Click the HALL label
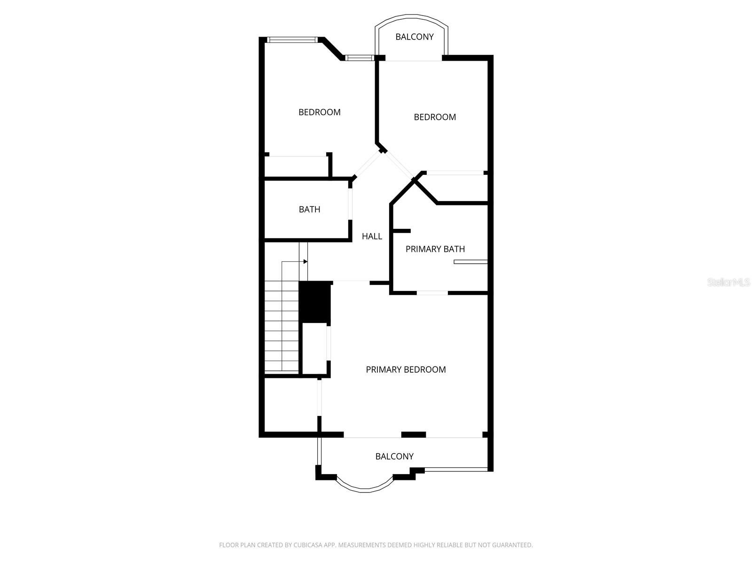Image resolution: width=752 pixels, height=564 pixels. [372, 236]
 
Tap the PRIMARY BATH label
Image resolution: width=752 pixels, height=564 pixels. [435, 249]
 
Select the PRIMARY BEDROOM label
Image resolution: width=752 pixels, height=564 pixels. [406, 370]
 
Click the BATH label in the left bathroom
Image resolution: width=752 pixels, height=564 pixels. [309, 210]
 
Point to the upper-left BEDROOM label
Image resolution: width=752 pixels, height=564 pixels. [320, 112]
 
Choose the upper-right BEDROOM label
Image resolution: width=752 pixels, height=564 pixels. [435, 117]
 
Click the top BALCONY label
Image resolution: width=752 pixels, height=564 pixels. [414, 37]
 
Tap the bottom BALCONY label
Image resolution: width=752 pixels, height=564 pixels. [394, 456]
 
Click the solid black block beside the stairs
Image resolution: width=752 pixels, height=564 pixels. [315, 302]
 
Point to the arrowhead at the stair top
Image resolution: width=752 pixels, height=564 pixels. [305, 261]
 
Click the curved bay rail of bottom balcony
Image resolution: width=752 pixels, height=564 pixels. [365, 489]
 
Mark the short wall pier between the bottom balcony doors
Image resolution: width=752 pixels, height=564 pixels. [413, 435]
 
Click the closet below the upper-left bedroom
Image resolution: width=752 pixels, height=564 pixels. [296, 167]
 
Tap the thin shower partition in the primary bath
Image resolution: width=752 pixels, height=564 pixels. [470, 262]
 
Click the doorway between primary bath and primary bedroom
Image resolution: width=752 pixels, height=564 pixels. [432, 293]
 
